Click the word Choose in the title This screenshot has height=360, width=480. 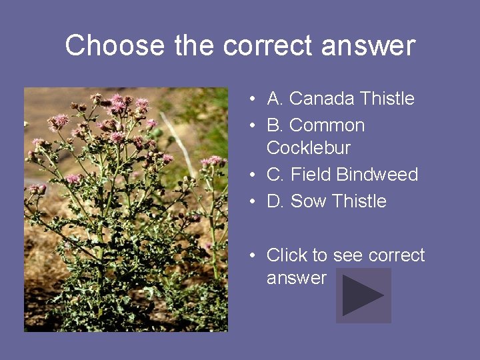pyautogui.click(x=115, y=45)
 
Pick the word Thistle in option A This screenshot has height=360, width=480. pyautogui.click(x=387, y=99)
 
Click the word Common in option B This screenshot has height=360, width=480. pyautogui.click(x=327, y=125)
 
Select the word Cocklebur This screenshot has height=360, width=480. pyautogui.click(x=308, y=147)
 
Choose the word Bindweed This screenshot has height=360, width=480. pyautogui.click(x=377, y=175)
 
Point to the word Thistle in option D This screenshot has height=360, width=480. pyautogui.click(x=359, y=201)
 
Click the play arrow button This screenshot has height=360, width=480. pyautogui.click(x=363, y=295)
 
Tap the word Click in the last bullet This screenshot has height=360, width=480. pyautogui.click(x=287, y=255)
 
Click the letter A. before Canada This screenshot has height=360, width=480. pyautogui.click(x=275, y=99)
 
